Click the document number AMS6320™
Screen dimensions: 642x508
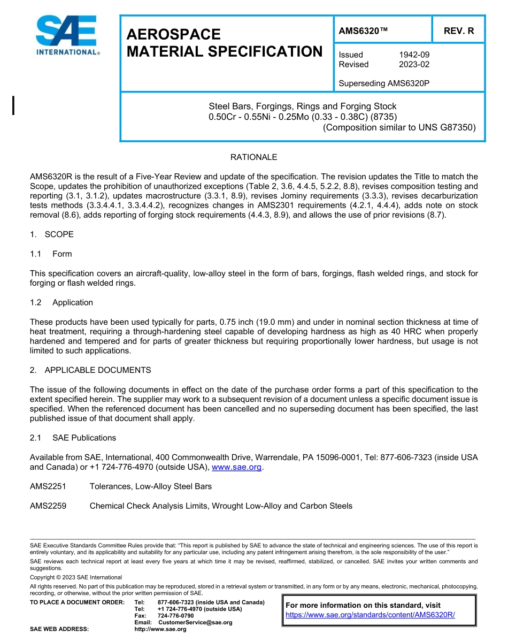click(364, 31)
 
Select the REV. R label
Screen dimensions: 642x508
click(458, 31)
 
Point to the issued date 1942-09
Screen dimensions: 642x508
click(414, 55)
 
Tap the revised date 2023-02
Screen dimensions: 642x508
click(414, 64)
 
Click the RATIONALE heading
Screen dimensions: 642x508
click(253, 157)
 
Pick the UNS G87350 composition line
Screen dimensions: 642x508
click(399, 127)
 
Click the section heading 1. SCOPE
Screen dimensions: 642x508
click(52, 234)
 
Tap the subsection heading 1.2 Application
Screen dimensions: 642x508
click(61, 302)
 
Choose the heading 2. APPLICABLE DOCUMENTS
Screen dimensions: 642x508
click(90, 370)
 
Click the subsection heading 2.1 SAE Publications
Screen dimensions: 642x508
click(73, 438)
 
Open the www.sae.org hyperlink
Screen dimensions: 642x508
click(236, 467)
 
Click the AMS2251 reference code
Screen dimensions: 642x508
click(48, 486)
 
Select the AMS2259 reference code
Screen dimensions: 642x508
click(48, 506)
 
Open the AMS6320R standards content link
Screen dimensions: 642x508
click(370, 615)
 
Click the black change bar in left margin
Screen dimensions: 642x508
click(13, 105)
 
